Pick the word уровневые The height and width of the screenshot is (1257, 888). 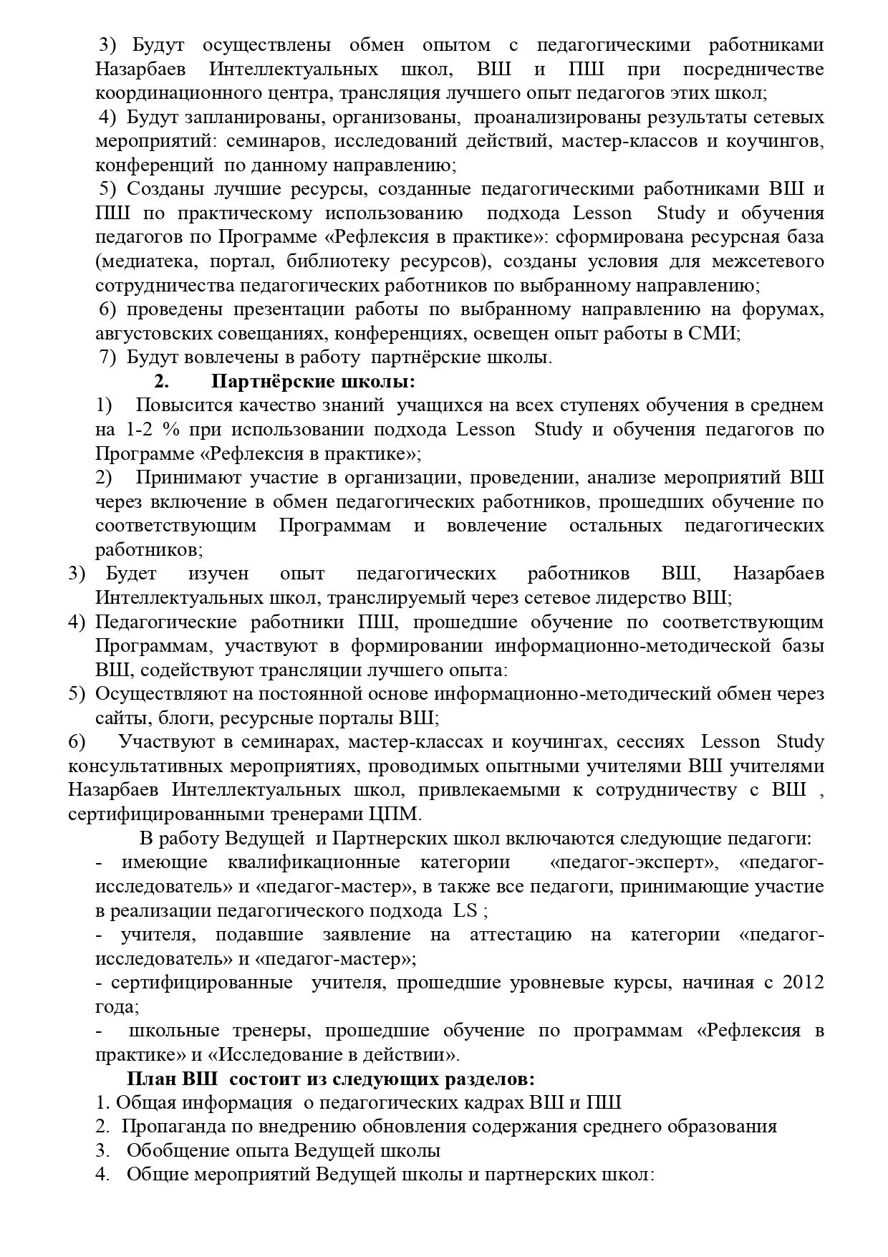tap(556, 982)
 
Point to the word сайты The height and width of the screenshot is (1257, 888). tap(119, 718)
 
